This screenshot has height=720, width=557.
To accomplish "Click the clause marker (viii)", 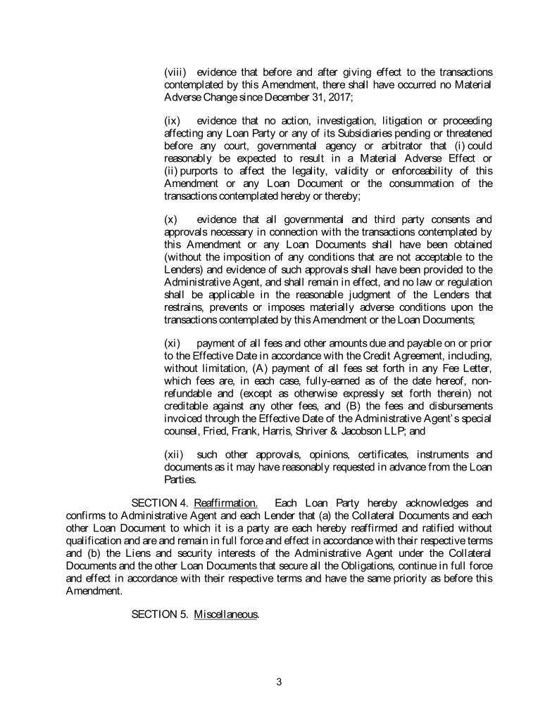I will point(176,72).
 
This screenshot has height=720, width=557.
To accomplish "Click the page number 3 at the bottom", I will point(279,680).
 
